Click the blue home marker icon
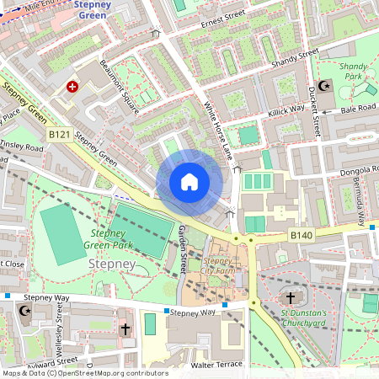189,181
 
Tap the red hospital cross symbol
72,87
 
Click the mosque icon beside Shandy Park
327,87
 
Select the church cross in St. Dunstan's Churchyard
291,298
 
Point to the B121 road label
59,134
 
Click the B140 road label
302,236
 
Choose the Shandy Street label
295,60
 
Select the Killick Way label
286,109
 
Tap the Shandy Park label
355,71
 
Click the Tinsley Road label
23,145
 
